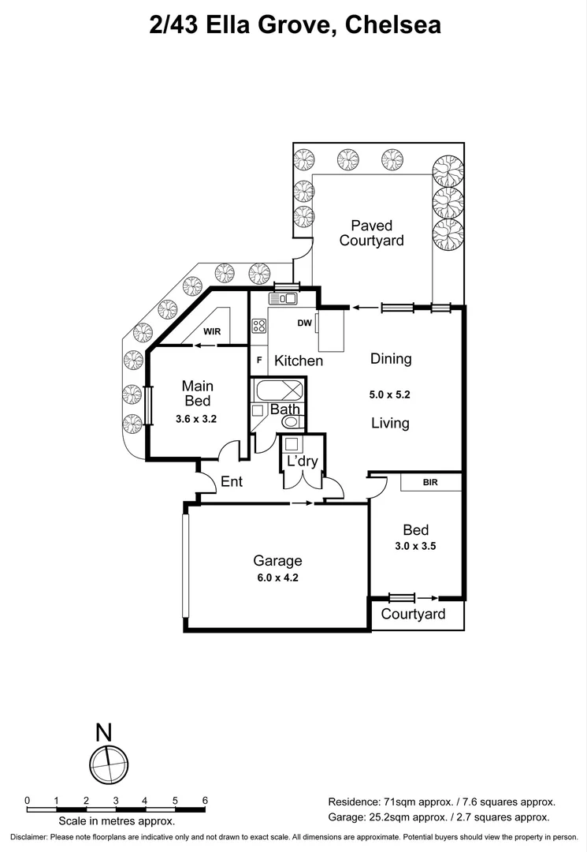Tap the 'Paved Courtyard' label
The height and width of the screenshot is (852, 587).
(x=371, y=234)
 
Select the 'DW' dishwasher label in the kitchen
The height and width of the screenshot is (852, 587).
(x=305, y=323)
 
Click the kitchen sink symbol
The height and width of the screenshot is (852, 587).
(x=282, y=298)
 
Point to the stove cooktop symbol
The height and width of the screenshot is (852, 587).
(x=259, y=325)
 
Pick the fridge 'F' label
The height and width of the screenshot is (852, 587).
(x=258, y=360)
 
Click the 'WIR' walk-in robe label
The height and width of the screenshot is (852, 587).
(x=212, y=332)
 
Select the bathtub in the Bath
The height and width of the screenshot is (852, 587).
(x=278, y=390)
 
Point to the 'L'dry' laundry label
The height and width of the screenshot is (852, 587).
(x=302, y=461)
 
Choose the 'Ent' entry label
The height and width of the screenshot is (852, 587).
(x=232, y=481)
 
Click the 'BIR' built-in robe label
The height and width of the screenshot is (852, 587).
(x=430, y=481)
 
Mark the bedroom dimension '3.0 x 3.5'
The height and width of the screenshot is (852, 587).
(x=416, y=545)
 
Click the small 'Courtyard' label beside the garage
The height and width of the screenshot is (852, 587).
(x=413, y=614)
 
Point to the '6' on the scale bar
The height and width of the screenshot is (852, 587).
(x=205, y=800)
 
